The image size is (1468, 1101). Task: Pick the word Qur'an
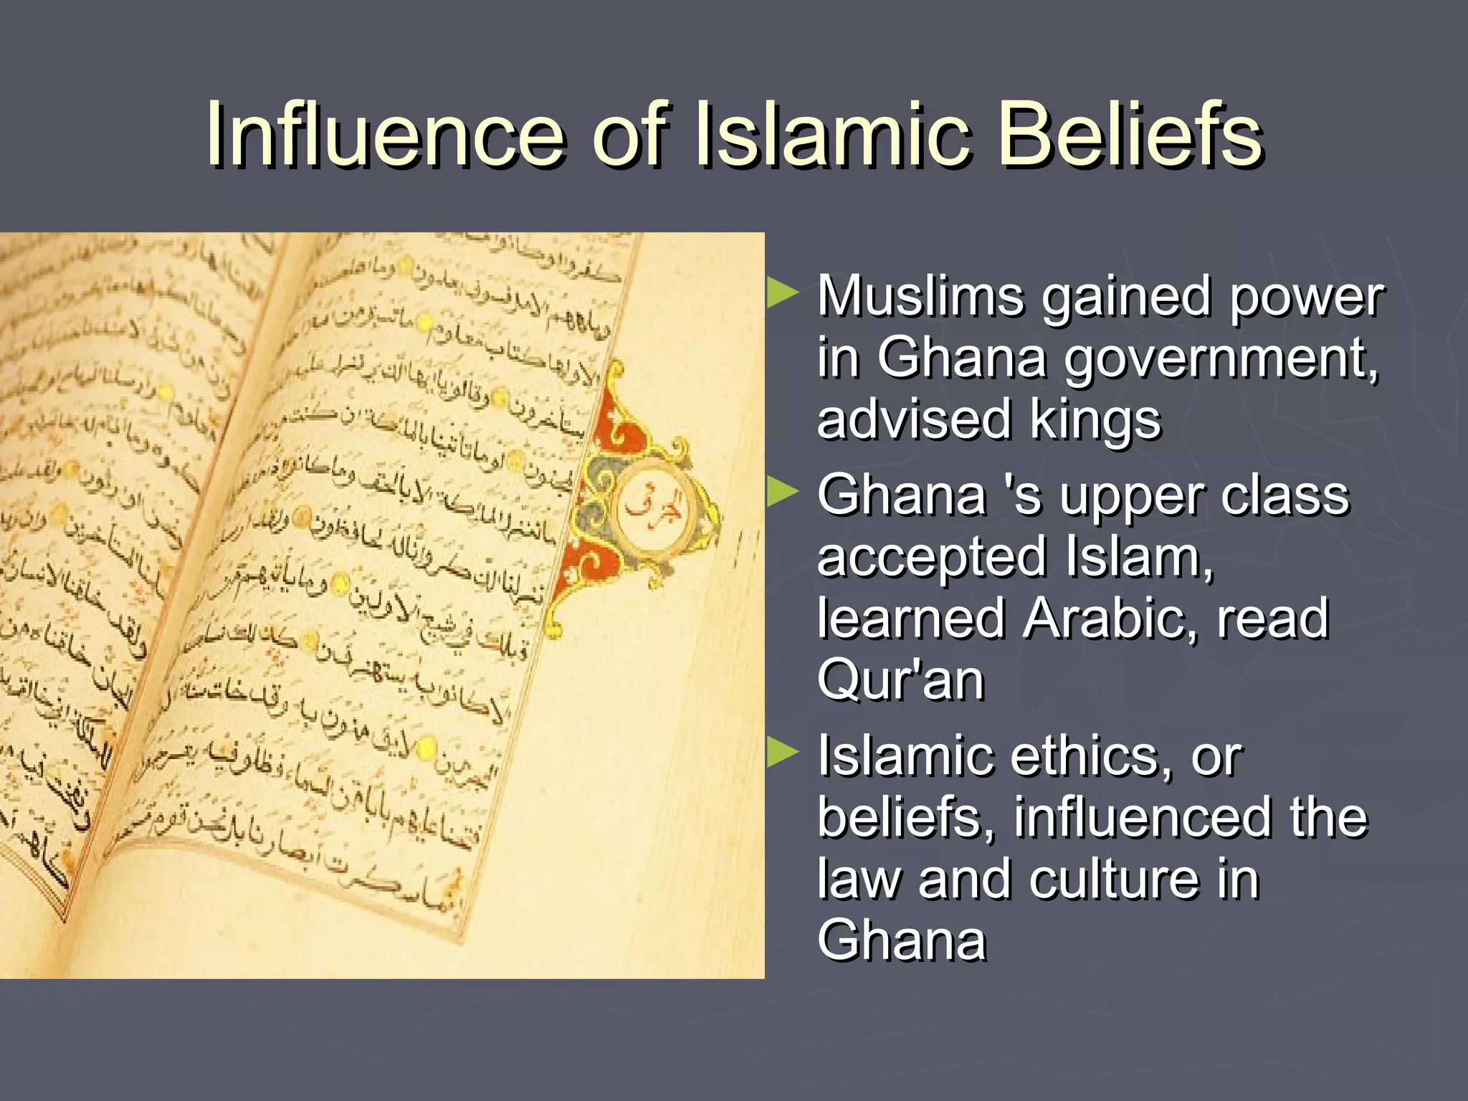(901, 680)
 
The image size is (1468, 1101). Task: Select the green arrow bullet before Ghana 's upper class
(782, 493)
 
